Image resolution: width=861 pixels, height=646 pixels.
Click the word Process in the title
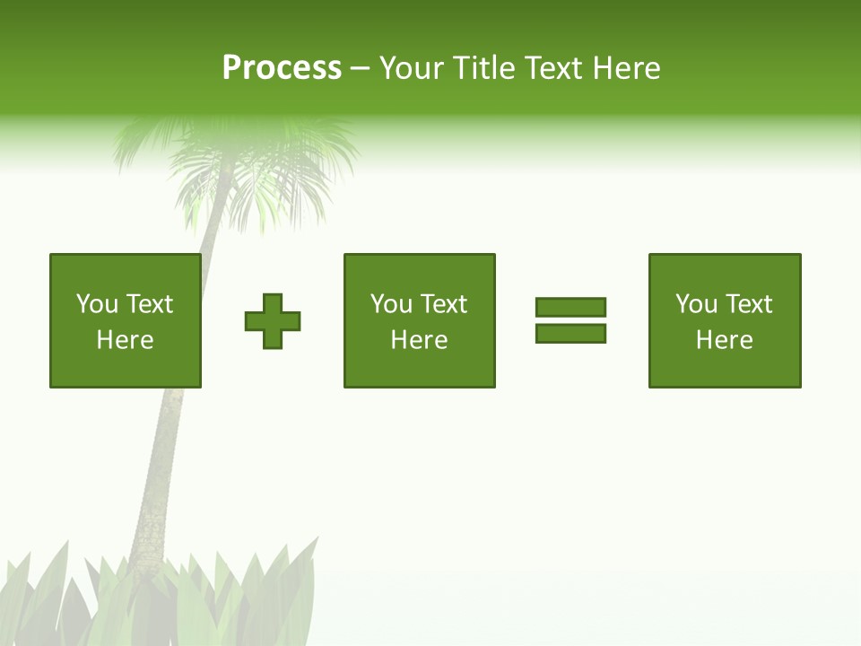click(x=282, y=68)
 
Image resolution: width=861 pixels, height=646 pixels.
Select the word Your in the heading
click(x=412, y=68)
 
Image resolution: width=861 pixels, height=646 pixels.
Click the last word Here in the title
click(x=626, y=68)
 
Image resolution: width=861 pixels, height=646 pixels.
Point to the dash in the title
click(x=361, y=69)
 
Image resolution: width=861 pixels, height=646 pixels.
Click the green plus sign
click(x=273, y=321)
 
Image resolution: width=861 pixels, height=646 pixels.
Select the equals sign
click(x=570, y=320)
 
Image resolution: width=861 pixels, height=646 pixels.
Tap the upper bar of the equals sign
click(x=570, y=308)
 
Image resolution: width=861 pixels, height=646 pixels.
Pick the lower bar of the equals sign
click(x=570, y=333)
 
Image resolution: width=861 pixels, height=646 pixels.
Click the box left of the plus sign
click(x=125, y=320)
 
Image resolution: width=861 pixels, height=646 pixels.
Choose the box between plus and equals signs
click(x=419, y=320)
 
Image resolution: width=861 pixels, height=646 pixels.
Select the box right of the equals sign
click(x=724, y=320)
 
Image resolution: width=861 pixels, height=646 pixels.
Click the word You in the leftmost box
click(x=97, y=304)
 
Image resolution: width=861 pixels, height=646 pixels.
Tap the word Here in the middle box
click(x=419, y=340)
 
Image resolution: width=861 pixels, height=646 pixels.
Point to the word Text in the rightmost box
click(x=749, y=304)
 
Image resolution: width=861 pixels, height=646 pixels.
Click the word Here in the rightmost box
click(x=724, y=340)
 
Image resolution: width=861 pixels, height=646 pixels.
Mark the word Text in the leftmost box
click(x=150, y=304)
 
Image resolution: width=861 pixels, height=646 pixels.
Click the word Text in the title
click(x=552, y=68)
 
